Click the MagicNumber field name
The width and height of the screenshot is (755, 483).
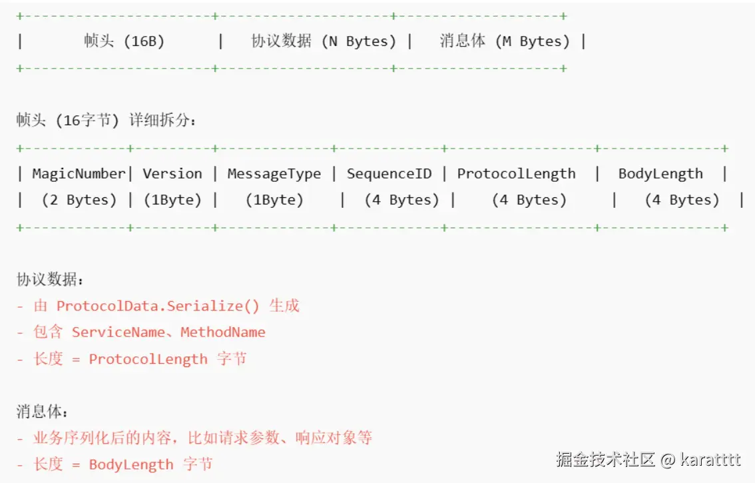pyautogui.click(x=79, y=174)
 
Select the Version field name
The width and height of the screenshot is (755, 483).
pyautogui.click(x=172, y=174)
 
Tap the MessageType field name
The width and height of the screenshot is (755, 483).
pyautogui.click(x=274, y=174)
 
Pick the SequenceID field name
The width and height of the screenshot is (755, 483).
pyautogui.click(x=389, y=174)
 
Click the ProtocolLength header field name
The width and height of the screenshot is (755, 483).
pyautogui.click(x=516, y=174)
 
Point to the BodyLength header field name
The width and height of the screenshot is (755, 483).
pyautogui.click(x=660, y=174)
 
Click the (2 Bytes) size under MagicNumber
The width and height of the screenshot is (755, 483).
pyautogui.click(x=79, y=200)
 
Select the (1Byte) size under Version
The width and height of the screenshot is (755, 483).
pyautogui.click(x=172, y=200)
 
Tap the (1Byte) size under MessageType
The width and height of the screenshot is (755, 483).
pyautogui.click(x=274, y=200)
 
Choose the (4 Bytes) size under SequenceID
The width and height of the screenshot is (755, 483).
pyautogui.click(x=401, y=200)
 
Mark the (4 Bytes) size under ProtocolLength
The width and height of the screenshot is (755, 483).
pyautogui.click(x=529, y=200)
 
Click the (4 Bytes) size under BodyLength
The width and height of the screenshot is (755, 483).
pyautogui.click(x=682, y=200)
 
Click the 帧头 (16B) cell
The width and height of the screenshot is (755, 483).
pyautogui.click(x=124, y=41)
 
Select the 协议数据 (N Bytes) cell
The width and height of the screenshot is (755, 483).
pyautogui.click(x=324, y=41)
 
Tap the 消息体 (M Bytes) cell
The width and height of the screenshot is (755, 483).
pyautogui.click(x=505, y=41)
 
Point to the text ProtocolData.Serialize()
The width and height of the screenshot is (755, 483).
pyautogui.click(x=158, y=306)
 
